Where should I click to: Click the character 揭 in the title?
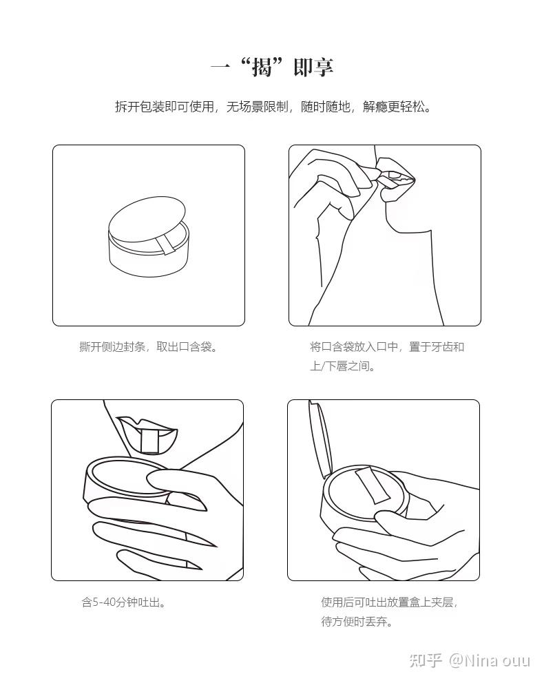(262, 67)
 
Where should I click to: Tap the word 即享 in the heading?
(313, 67)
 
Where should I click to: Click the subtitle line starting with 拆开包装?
(273, 107)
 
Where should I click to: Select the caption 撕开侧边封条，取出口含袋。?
(148, 347)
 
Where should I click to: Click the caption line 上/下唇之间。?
(342, 366)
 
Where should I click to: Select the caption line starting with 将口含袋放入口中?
(387, 347)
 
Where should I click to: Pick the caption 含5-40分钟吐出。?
(123, 602)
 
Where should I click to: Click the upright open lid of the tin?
(321, 439)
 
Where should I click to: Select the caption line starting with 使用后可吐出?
(389, 602)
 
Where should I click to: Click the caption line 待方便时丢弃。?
(357, 622)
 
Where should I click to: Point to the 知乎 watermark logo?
(426, 660)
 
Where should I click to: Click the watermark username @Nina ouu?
(489, 660)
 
